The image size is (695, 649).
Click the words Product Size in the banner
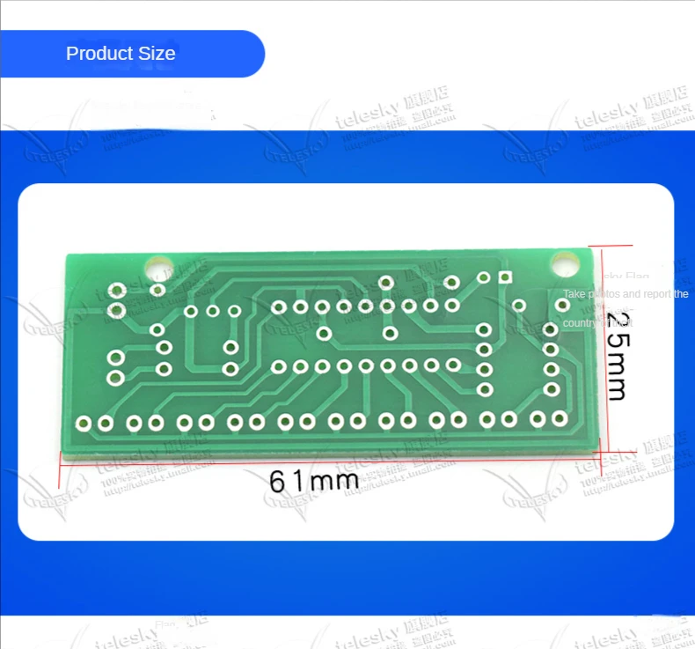(x=121, y=54)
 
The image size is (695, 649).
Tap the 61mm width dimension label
(x=313, y=481)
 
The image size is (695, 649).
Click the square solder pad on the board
(x=505, y=277)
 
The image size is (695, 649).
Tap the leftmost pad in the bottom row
(x=84, y=424)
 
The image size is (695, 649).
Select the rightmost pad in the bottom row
(x=560, y=419)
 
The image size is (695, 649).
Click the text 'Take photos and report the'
(x=625, y=294)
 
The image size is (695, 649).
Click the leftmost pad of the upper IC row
(x=279, y=307)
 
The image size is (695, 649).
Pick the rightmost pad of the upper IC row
(x=452, y=306)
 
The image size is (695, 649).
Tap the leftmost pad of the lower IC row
(x=279, y=366)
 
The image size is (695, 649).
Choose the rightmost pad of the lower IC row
(x=453, y=364)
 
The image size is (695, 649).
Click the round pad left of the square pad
(x=483, y=277)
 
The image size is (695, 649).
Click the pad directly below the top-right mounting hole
(x=562, y=305)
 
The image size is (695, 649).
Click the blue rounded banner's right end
(x=255, y=54)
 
